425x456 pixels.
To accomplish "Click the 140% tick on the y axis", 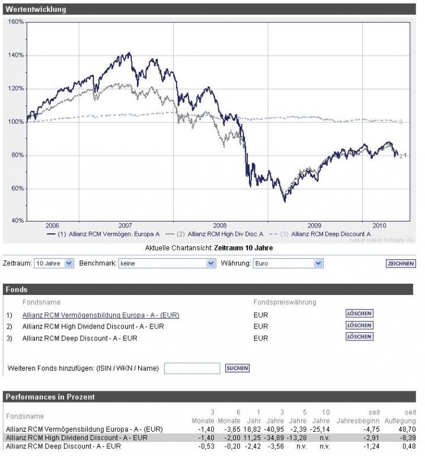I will point(16,55).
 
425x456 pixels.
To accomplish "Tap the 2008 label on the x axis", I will point(219,226).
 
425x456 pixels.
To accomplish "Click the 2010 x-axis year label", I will point(379,226).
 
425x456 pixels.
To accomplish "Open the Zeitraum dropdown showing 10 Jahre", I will point(53,264).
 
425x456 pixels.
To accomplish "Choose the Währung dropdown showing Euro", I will point(287,264).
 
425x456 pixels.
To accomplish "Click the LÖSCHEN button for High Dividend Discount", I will point(359,325).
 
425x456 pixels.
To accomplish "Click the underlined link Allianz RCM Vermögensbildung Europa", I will point(100,315).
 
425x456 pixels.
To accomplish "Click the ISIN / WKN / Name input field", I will point(191,368).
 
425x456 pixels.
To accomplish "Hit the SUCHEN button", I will point(237,368).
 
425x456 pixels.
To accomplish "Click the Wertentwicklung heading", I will point(36,9).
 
